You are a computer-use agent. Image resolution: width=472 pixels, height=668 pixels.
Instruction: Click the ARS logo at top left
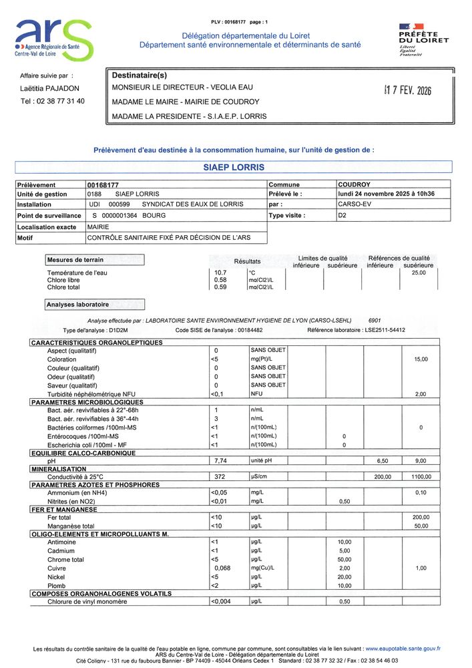pyautogui.click(x=53, y=39)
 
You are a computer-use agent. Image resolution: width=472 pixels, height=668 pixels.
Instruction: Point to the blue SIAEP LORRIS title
pyautogui.click(x=234, y=167)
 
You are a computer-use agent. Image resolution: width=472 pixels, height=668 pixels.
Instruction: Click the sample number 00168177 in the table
pyautogui.click(x=103, y=184)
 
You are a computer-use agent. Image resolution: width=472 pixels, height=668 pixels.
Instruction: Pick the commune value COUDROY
pyautogui.click(x=355, y=184)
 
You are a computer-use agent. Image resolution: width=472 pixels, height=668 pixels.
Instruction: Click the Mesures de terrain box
pyautogui.click(x=93, y=259)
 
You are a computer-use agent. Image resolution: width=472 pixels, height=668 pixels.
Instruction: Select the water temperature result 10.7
pyautogui.click(x=220, y=273)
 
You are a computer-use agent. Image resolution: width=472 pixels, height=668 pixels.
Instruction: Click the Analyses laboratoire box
pyautogui.click(x=93, y=305)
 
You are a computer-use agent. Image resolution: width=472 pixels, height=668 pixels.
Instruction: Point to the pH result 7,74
pyautogui.click(x=220, y=461)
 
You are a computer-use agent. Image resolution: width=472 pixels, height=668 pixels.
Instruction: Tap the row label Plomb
pyautogui.click(x=57, y=586)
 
